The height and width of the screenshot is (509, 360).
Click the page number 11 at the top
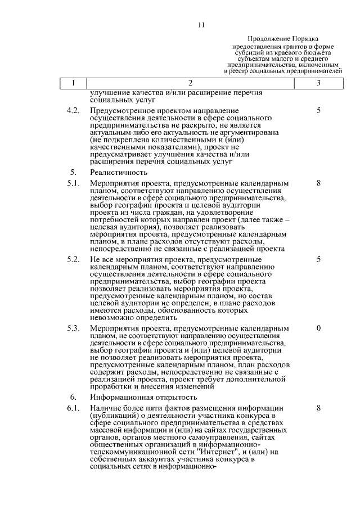[201, 25]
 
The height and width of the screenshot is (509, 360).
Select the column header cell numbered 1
[73, 83]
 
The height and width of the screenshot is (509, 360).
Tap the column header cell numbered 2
[190, 83]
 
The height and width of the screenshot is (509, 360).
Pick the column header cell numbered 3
[318, 83]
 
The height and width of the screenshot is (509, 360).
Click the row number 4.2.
[73, 111]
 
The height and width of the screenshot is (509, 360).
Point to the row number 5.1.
[73, 183]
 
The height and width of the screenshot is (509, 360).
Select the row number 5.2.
[73, 259]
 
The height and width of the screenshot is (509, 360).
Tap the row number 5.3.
[73, 328]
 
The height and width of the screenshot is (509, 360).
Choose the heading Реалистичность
[119, 172]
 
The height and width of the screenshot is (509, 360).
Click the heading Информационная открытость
[141, 397]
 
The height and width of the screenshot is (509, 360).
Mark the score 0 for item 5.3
[318, 328]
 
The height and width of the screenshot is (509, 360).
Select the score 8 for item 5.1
[318, 183]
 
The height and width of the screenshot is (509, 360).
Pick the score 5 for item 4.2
[318, 111]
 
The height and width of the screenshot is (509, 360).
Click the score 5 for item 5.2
[318, 259]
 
